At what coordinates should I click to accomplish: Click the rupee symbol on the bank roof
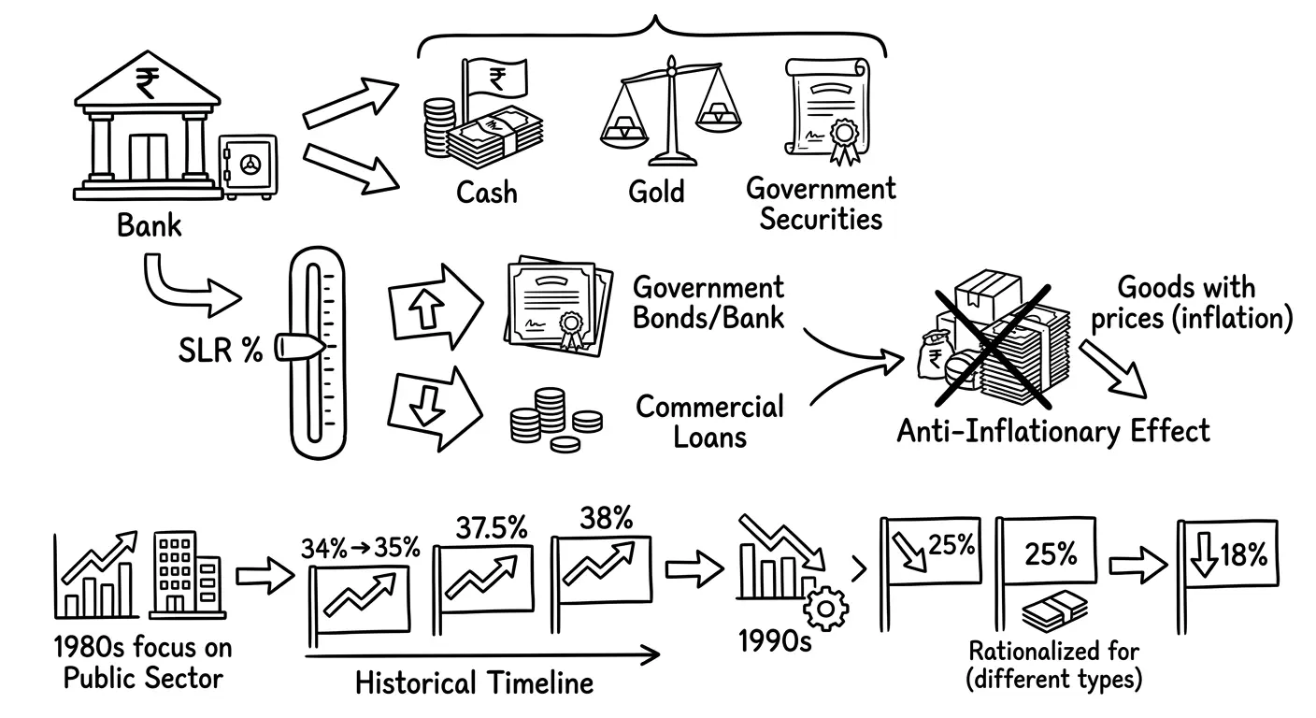[147, 83]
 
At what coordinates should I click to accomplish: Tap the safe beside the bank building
[248, 166]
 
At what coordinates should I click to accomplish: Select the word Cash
[487, 193]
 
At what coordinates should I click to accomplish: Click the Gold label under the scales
[656, 192]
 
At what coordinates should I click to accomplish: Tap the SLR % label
[221, 351]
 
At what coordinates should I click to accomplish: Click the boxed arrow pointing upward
[436, 307]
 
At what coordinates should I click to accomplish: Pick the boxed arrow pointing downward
[435, 409]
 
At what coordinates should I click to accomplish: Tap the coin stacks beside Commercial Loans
[556, 420]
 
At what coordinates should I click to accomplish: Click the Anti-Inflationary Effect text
[1053, 432]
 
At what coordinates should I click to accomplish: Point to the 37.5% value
[492, 527]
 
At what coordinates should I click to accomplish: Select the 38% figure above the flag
[607, 518]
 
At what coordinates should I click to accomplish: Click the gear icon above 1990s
[825, 609]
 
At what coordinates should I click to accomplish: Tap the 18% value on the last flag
[1244, 554]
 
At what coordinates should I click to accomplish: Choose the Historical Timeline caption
[475, 683]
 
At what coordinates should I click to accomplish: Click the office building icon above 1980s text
[187, 575]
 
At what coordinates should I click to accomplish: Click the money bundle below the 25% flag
[1054, 611]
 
